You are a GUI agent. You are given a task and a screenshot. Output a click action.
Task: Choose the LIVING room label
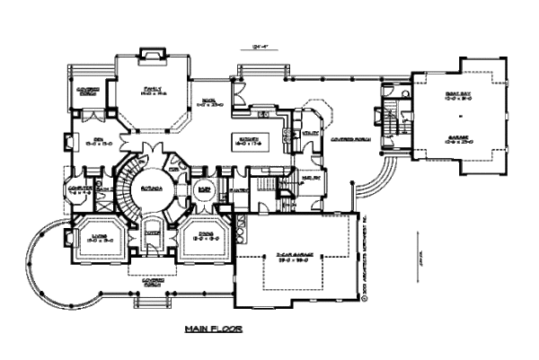click(x=99, y=235)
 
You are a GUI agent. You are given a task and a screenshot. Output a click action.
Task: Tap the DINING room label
click(x=194, y=235)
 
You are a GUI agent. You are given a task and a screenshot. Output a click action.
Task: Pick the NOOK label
click(x=206, y=102)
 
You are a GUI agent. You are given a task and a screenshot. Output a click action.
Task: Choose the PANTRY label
click(x=238, y=189)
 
